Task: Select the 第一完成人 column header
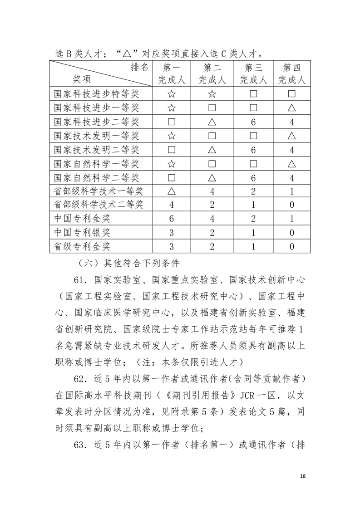(171, 74)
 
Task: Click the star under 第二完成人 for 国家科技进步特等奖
(212, 94)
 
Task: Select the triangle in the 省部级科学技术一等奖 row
(171, 191)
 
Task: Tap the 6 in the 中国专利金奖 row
(171, 219)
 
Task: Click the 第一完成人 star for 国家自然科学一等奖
(171, 163)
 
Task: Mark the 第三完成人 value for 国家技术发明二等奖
(253, 150)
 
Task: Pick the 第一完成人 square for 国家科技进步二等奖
(171, 122)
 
